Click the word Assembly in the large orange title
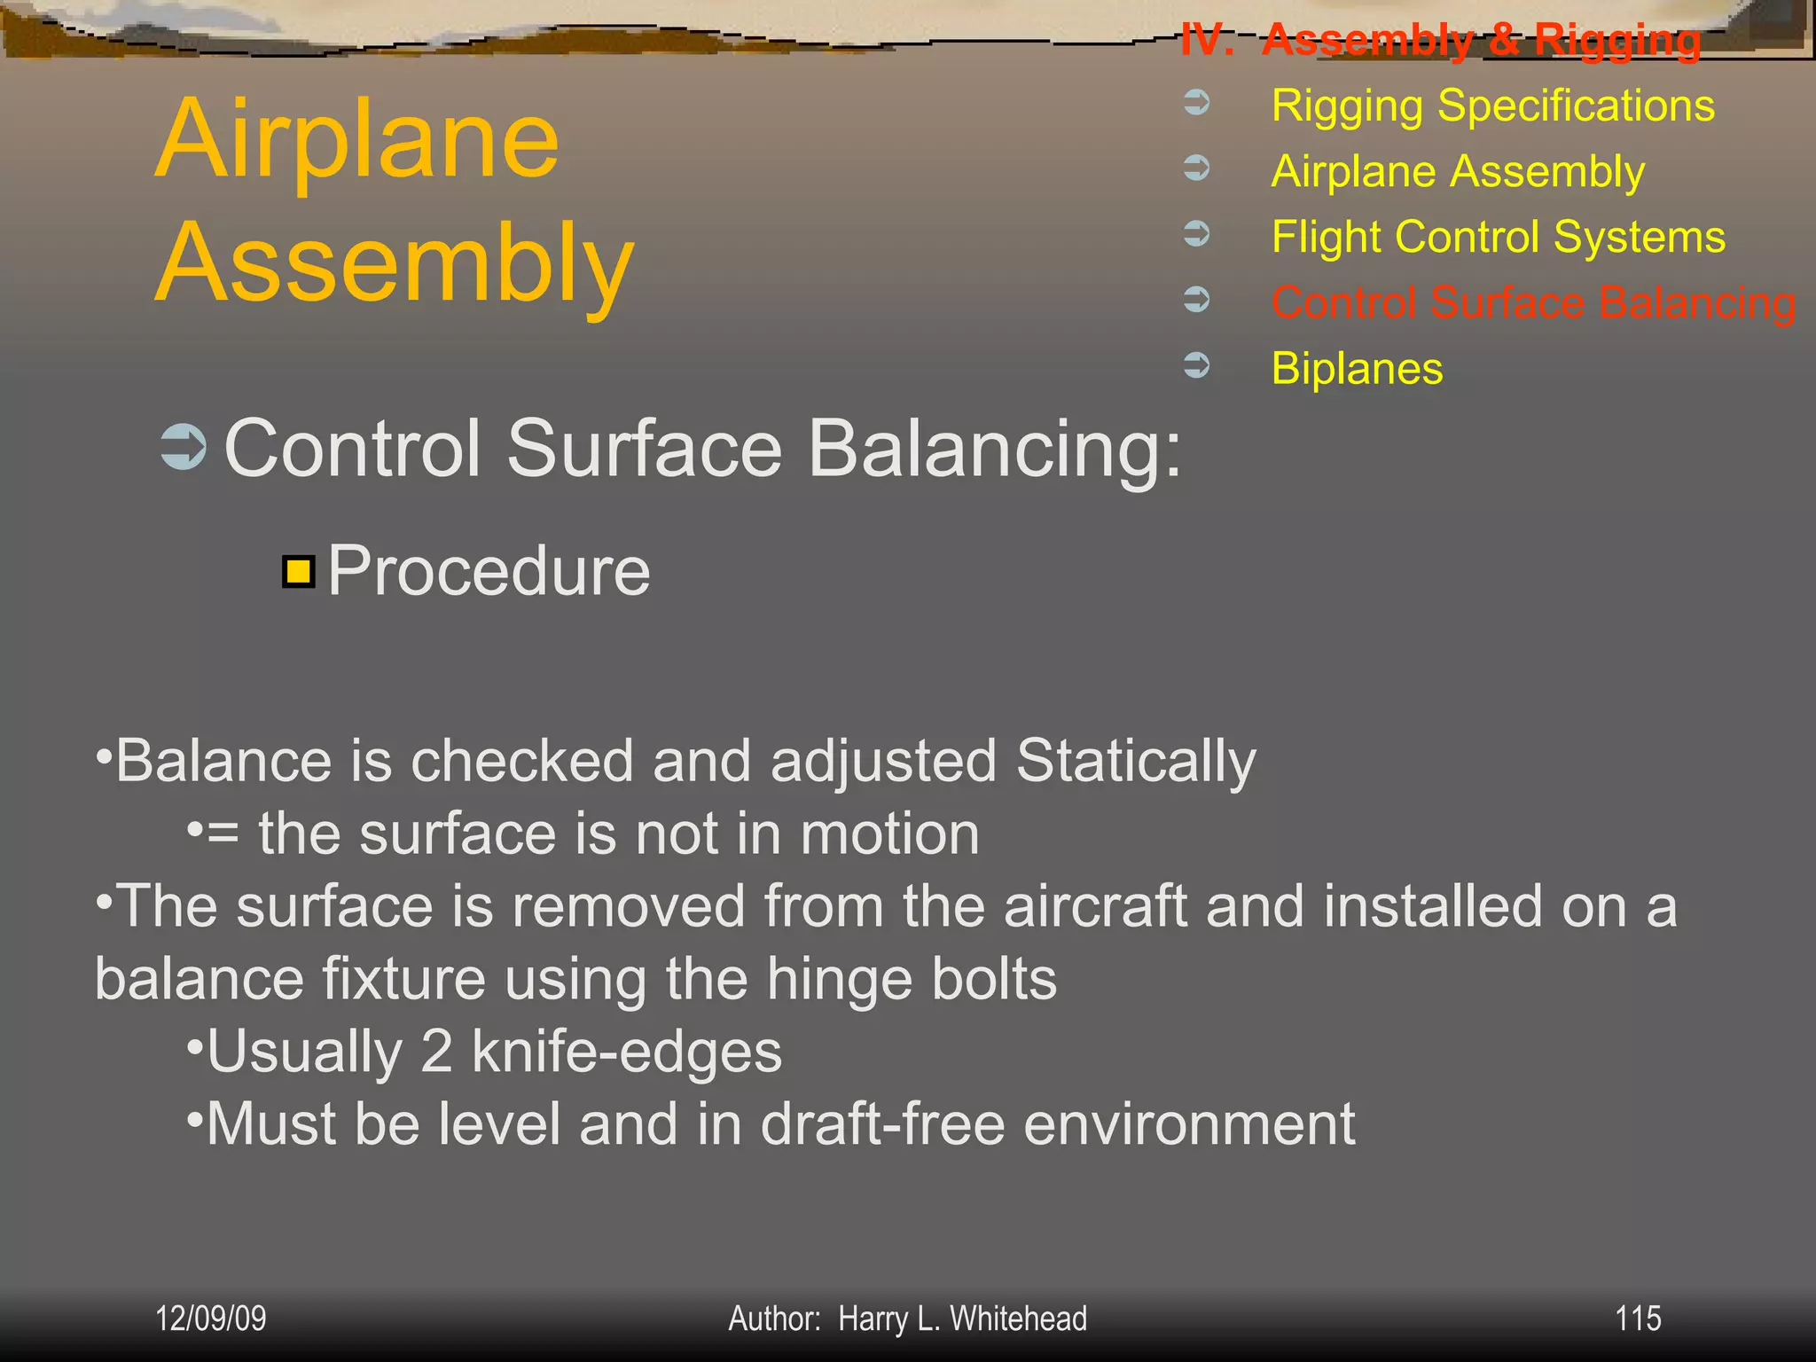(x=395, y=264)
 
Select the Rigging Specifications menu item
(x=1492, y=106)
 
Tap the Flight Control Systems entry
(x=1498, y=237)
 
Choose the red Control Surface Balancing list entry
(x=1533, y=302)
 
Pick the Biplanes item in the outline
(x=1357, y=368)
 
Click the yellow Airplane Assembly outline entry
(x=1458, y=171)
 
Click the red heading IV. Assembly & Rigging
(x=1440, y=40)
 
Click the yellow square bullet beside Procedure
(x=299, y=572)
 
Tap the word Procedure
(x=489, y=572)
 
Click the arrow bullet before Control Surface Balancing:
(x=184, y=447)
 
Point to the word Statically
(x=1136, y=762)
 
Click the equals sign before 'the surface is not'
(x=223, y=834)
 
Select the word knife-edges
(x=626, y=1052)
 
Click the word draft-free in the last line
(x=882, y=1124)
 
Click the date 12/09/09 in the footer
(x=210, y=1319)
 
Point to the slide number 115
(x=1637, y=1319)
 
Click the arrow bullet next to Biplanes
(x=1197, y=364)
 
